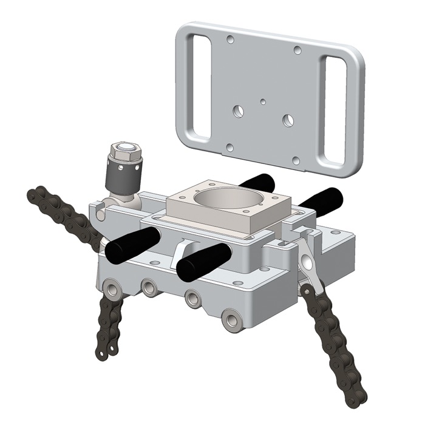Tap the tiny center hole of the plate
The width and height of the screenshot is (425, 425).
262,102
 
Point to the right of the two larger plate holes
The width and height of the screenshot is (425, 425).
288,119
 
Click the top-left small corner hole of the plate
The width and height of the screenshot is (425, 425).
230,40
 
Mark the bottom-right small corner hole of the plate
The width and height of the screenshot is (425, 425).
296,161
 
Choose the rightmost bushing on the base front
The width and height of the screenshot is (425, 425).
231,319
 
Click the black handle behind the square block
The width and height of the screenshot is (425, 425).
256,181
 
